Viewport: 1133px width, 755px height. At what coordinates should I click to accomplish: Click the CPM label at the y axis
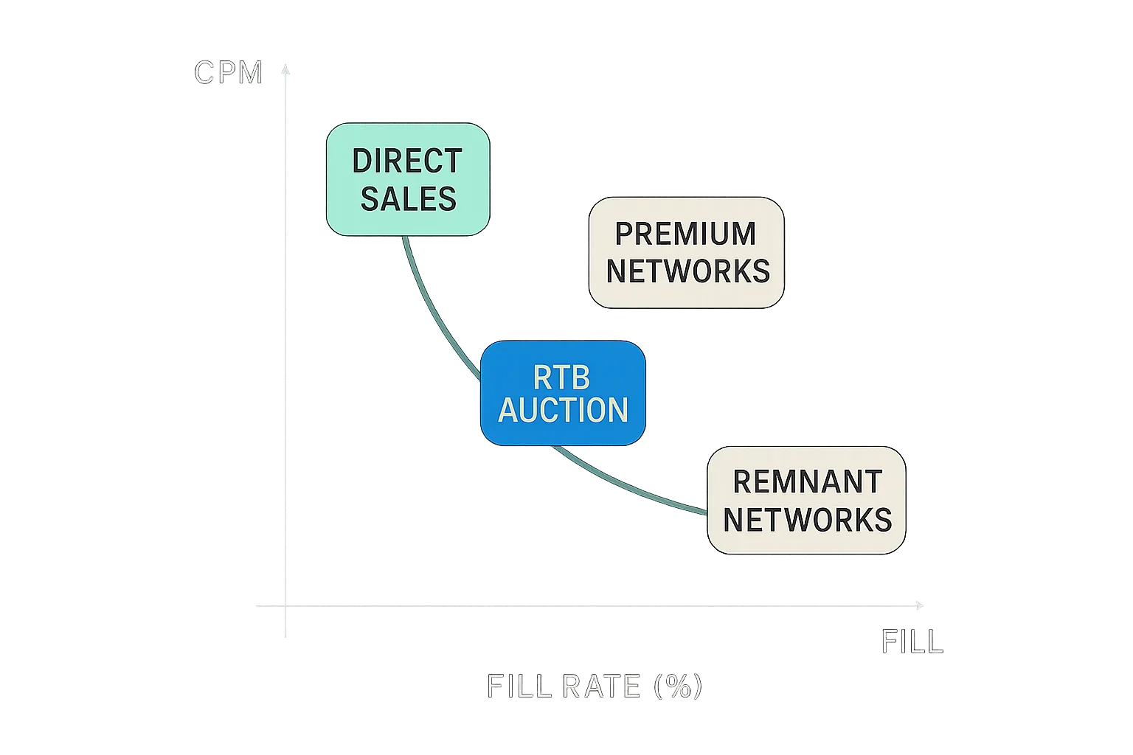click(x=228, y=72)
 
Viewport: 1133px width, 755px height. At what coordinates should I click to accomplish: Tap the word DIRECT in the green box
click(x=407, y=161)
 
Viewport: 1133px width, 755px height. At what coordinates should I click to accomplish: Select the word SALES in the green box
click(x=408, y=199)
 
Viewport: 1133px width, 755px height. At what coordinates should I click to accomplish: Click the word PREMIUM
click(x=685, y=234)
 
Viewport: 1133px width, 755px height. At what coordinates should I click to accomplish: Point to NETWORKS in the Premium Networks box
click(x=687, y=271)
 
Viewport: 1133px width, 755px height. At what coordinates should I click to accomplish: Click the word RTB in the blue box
click(x=561, y=377)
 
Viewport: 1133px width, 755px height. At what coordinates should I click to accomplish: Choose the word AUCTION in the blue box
click(x=564, y=410)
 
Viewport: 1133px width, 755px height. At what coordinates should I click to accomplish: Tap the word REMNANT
click(x=808, y=481)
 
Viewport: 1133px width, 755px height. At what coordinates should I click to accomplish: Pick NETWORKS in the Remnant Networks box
click(x=807, y=520)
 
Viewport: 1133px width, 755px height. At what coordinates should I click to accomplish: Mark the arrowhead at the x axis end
click(x=919, y=605)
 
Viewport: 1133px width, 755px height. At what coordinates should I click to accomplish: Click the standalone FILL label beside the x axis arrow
click(x=912, y=641)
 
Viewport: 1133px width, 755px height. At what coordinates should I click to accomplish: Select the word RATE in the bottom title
click(x=601, y=686)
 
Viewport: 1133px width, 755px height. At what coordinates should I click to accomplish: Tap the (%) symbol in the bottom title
click(x=677, y=686)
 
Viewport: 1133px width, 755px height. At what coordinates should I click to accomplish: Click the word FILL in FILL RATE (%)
click(x=519, y=686)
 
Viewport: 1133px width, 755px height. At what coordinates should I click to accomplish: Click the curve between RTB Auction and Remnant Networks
click(x=634, y=487)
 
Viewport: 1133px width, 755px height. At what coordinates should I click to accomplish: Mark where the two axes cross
click(x=286, y=605)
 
